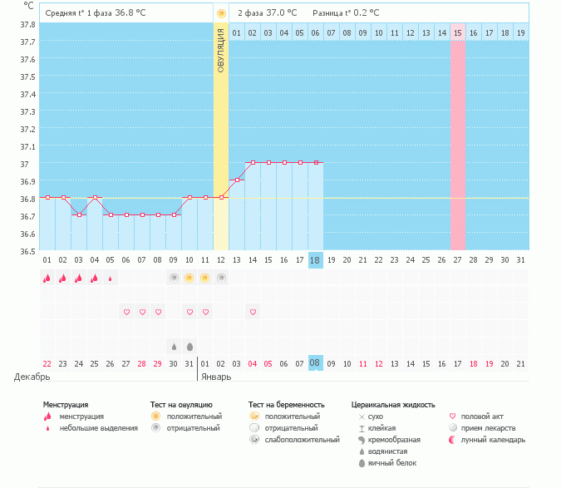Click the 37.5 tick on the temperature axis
tap(27, 77)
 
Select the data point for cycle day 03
tap(80, 215)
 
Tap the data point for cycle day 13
tap(237, 180)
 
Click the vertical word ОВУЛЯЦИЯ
tap(221, 51)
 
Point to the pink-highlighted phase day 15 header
tap(458, 33)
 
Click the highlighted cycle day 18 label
tap(315, 260)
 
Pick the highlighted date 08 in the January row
tap(315, 362)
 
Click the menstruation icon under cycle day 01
tap(47, 278)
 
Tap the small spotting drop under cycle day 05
tap(111, 279)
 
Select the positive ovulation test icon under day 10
tap(189, 278)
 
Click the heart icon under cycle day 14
tap(253, 313)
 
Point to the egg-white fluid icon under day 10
tap(189, 347)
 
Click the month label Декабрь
tap(32, 377)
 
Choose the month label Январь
tap(216, 377)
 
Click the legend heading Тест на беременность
tap(286, 405)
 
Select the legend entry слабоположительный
tap(302, 440)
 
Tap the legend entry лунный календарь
tap(493, 440)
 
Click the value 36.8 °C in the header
tap(130, 12)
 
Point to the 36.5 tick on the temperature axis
tap(27, 252)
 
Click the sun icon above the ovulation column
tap(221, 13)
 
